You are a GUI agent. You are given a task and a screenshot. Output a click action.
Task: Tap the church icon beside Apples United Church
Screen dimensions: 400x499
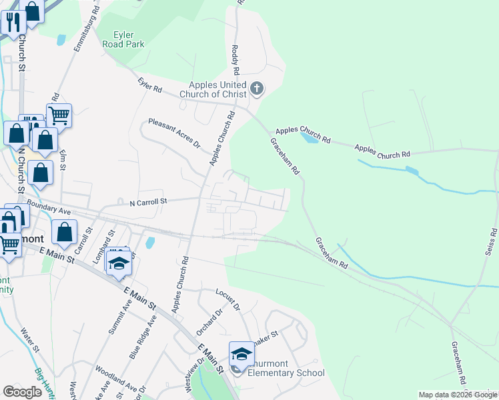pos(256,88)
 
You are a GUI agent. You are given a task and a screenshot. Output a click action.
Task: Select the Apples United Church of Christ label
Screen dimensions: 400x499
pos(217,89)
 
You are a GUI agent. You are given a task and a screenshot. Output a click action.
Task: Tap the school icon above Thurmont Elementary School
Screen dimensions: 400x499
pos(241,353)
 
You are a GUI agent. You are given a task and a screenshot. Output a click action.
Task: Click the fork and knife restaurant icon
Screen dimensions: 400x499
pos(13,22)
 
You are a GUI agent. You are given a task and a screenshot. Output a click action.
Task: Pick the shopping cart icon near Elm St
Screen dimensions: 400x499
pos(59,115)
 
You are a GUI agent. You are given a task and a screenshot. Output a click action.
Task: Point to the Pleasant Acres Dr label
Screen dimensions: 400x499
pos(175,133)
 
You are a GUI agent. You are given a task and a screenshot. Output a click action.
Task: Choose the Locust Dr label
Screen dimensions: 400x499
pos(227,299)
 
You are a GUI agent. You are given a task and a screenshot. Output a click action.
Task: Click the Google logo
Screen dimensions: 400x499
pos(22,392)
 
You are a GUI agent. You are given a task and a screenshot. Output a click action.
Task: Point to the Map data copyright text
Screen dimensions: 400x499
pos(458,395)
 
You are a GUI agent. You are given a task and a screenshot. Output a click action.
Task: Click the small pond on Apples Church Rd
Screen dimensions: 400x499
pos(309,138)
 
